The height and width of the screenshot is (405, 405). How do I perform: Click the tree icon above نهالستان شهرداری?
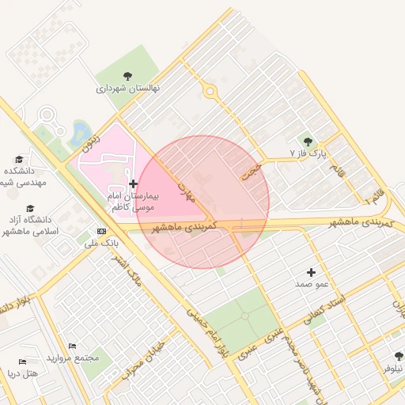click(x=128, y=76)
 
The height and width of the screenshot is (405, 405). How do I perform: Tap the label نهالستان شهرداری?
click(x=128, y=89)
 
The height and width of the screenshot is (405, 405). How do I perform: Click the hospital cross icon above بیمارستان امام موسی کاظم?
click(x=132, y=184)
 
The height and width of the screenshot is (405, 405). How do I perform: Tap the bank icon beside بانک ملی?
click(x=100, y=231)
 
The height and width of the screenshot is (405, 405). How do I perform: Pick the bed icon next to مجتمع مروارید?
click(x=73, y=346)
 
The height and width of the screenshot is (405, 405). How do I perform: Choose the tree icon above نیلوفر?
click(x=397, y=357)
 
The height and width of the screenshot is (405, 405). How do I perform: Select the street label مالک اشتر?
click(x=127, y=274)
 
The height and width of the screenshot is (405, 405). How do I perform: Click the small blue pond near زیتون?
click(x=80, y=131)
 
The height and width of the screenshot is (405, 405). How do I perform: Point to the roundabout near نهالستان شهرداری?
click(x=210, y=91)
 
